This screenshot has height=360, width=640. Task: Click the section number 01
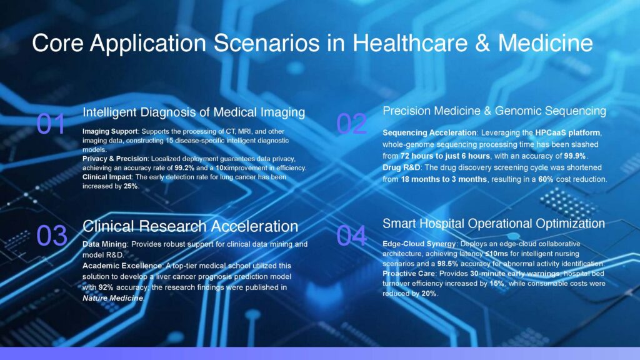coord(51,124)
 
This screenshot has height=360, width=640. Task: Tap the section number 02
coord(351,124)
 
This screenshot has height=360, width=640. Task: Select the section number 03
coord(51,236)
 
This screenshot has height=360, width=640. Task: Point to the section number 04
coord(351,236)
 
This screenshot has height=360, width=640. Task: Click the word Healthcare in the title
coord(410,43)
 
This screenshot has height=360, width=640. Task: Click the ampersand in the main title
coord(482,43)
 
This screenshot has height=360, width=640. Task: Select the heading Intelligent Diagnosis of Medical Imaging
coord(194,112)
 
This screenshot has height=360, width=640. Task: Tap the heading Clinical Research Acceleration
coord(190,226)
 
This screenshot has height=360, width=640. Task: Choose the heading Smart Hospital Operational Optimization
coord(494,224)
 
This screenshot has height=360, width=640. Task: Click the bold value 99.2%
coord(184,167)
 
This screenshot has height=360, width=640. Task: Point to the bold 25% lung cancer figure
coord(131,186)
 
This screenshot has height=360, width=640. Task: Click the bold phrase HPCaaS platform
coord(567,132)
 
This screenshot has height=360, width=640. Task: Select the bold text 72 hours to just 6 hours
coord(445,156)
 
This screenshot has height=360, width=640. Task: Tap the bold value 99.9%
coord(575,156)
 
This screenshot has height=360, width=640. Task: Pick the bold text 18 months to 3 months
coord(444,179)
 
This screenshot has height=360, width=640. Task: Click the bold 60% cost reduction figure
coord(546,179)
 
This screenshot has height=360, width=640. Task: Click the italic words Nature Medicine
coord(112,298)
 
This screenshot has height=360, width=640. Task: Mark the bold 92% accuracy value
coord(106,287)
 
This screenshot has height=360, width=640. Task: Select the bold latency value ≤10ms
coord(496,254)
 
